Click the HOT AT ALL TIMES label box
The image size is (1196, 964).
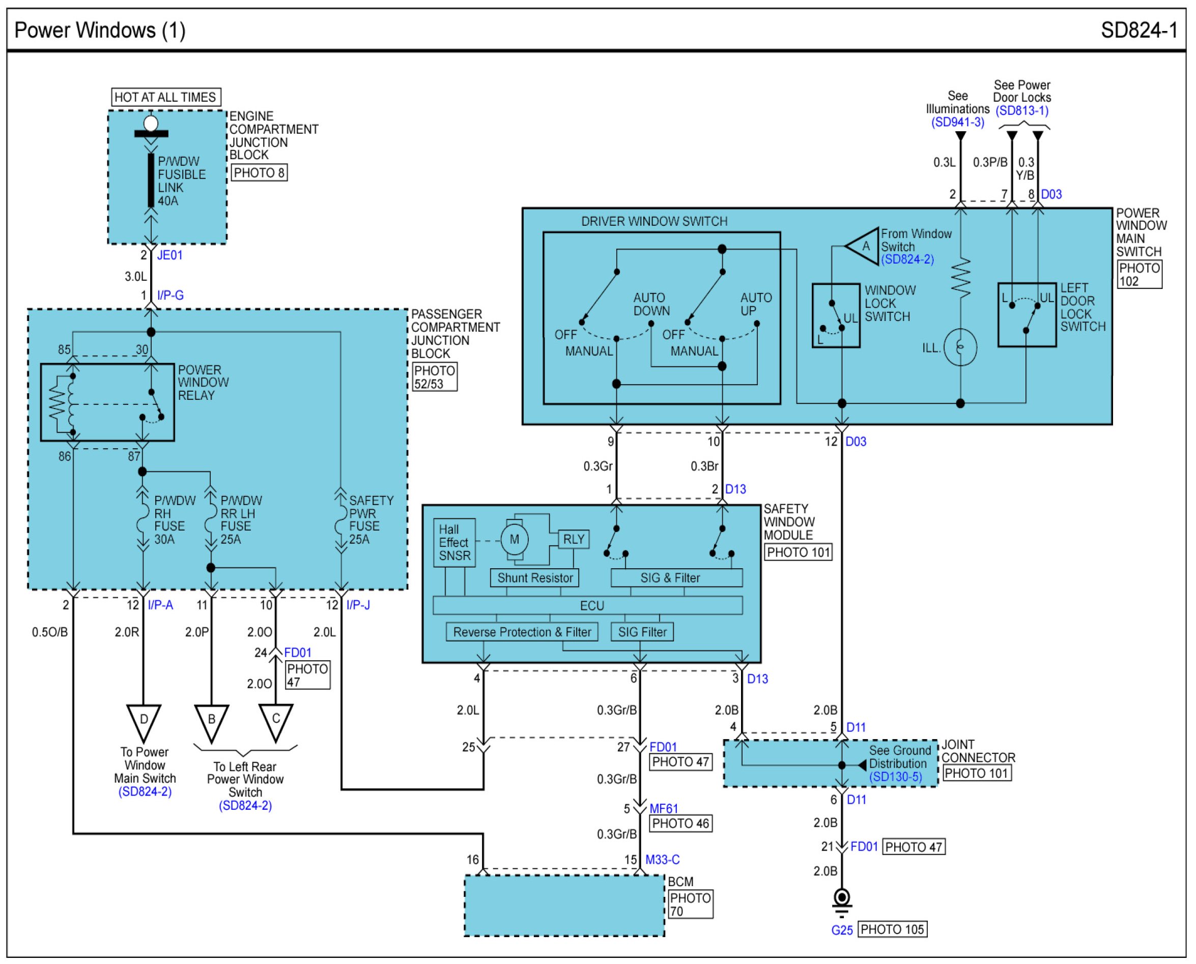(x=166, y=97)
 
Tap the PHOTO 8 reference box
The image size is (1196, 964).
(x=259, y=172)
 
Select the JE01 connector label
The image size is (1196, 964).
(x=170, y=255)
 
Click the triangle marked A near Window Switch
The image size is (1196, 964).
(x=863, y=245)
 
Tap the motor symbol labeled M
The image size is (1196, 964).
(x=515, y=539)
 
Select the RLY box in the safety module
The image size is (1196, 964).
(x=573, y=539)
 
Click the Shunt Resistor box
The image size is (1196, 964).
(x=534, y=577)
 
